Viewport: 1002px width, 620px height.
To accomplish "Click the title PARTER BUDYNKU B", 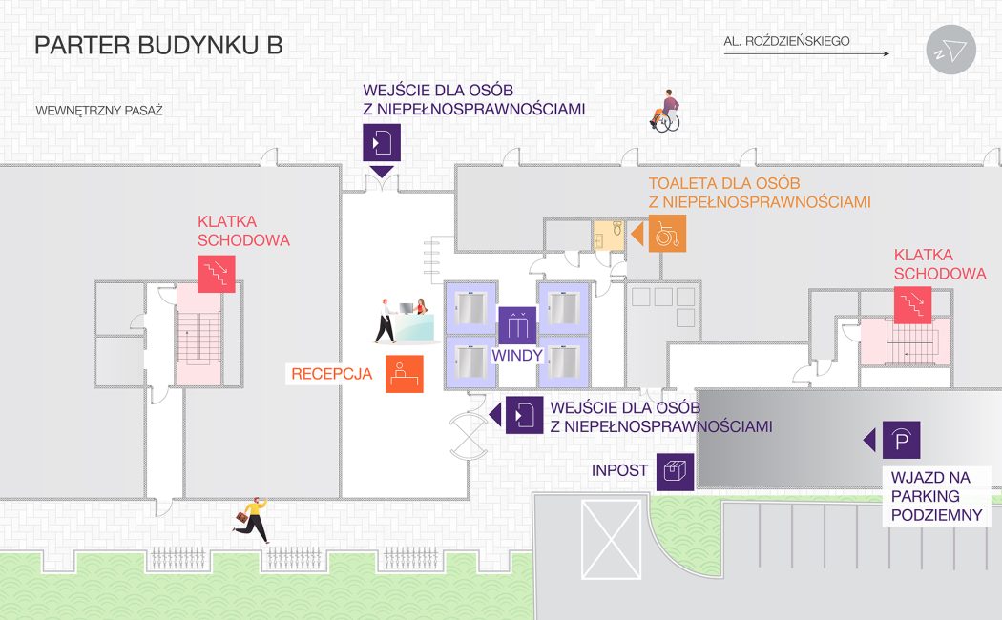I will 158,46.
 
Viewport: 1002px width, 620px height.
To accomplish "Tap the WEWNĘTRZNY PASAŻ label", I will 99,111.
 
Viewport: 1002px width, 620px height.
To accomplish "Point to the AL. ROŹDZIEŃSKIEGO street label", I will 786,41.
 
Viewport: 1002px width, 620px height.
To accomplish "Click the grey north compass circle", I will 951,51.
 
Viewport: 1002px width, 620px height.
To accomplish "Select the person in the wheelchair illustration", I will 665,111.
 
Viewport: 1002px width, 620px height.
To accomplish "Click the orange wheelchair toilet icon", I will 667,234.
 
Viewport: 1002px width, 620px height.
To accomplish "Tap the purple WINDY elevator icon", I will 518,326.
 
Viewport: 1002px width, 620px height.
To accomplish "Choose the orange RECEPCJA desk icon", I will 404,374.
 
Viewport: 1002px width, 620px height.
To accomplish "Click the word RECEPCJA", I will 331,374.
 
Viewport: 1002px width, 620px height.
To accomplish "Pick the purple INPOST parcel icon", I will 675,471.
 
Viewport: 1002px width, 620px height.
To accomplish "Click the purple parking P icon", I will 901,440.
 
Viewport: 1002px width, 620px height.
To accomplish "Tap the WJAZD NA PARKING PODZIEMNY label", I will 936,496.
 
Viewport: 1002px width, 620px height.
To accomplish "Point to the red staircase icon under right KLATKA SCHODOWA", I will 912,305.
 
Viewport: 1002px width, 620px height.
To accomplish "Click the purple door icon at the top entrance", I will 381,142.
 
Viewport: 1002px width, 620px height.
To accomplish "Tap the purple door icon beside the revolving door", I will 524,415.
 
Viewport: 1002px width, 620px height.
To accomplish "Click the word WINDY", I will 517,356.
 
